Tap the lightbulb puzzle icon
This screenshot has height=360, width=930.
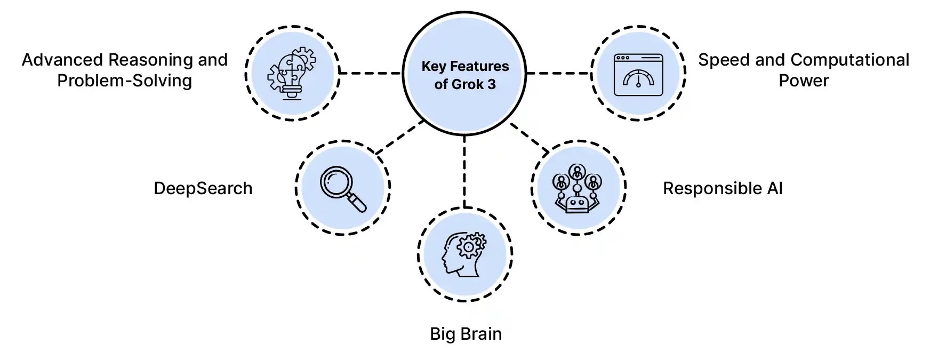point(291,73)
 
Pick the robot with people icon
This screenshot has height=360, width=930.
point(578,188)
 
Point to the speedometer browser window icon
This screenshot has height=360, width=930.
point(638,75)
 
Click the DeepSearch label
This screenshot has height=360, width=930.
point(203,188)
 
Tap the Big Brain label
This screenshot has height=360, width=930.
point(466,334)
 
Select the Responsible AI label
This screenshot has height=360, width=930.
point(722,188)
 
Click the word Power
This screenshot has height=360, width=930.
point(803,81)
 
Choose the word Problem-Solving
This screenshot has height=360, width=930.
point(124,81)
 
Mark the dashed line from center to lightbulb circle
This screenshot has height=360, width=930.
point(370,73)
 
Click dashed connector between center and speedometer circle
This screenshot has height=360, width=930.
point(558,73)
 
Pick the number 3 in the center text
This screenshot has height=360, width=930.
point(491,84)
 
